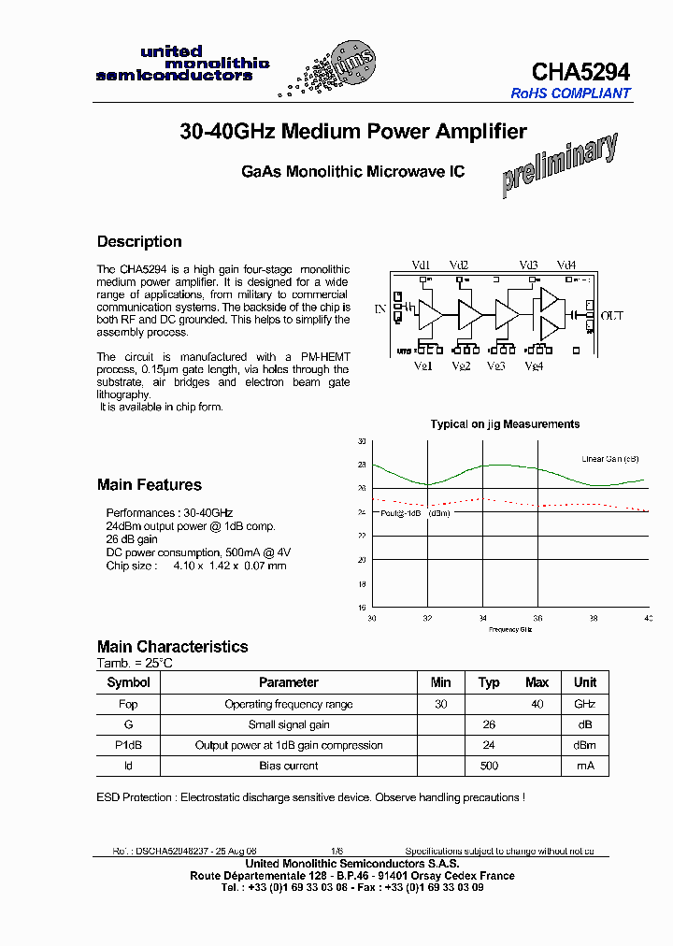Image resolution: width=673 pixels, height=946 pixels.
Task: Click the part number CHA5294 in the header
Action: click(580, 72)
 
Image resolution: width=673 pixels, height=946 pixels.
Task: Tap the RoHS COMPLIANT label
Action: click(570, 93)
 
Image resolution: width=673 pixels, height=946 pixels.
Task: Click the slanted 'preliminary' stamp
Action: click(559, 165)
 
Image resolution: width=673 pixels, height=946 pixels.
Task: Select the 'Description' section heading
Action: click(139, 241)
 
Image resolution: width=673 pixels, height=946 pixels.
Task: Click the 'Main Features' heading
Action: click(149, 484)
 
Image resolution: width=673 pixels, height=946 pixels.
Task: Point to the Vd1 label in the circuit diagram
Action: click(422, 265)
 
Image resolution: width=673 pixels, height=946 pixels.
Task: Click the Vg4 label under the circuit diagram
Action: click(533, 365)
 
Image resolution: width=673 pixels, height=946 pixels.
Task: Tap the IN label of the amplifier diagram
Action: click(380, 308)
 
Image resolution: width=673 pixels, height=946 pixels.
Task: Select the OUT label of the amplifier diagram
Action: click(611, 316)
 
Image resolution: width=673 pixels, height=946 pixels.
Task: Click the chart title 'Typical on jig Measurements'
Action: click(505, 424)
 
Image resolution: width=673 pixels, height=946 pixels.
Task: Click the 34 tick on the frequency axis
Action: click(482, 618)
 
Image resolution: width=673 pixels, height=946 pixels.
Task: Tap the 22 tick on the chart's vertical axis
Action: click(362, 536)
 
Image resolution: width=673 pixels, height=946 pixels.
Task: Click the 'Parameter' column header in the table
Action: click(289, 682)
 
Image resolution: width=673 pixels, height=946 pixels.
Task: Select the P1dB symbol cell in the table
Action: click(128, 745)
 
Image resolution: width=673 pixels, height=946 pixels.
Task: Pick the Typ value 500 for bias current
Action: click(488, 766)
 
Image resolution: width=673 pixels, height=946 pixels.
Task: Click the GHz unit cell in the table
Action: click(584, 704)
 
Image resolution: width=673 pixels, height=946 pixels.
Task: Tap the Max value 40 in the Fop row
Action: click(537, 704)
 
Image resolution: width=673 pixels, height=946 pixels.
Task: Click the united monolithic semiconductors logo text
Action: click(183, 64)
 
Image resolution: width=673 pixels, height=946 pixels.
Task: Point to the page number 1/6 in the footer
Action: click(336, 852)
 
